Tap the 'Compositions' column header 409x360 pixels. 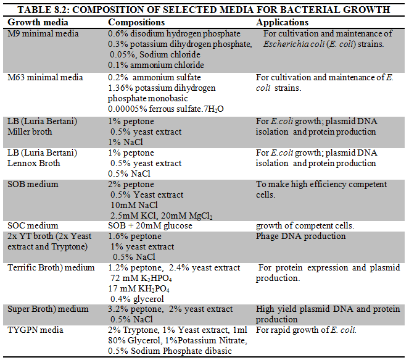pyautogui.click(x=138, y=22)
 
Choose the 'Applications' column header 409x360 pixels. pyautogui.click(x=283, y=22)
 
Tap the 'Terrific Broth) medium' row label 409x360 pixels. pyautogui.click(x=51, y=267)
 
